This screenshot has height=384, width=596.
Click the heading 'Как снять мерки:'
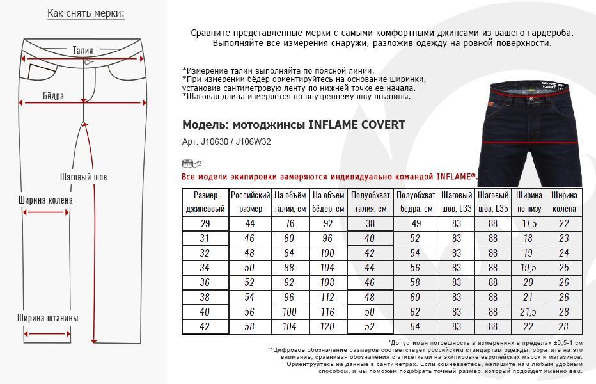(86, 13)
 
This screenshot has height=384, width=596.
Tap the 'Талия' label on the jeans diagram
(82, 50)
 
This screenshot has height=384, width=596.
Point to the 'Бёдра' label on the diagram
(53, 96)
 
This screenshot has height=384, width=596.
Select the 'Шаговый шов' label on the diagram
(83, 177)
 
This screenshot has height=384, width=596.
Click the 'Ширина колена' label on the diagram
(45, 200)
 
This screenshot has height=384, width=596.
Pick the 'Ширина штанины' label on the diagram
(48, 318)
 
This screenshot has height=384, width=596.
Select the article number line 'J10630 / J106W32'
(226, 141)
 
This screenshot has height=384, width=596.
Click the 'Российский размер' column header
(251, 202)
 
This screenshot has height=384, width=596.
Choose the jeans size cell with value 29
(205, 223)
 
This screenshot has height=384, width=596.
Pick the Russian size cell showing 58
(251, 327)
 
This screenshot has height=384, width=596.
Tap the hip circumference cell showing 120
(328, 327)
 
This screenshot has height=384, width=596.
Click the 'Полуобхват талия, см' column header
(370, 202)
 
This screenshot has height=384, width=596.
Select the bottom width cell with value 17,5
(529, 223)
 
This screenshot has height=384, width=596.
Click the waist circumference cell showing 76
(290, 223)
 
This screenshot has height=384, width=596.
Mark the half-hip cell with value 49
(416, 223)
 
